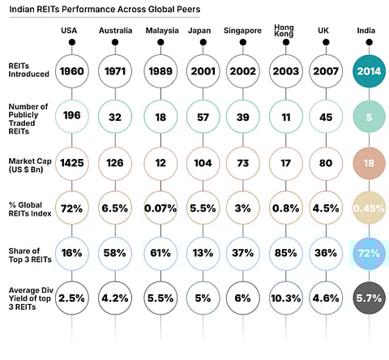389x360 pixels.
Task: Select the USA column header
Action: click(71, 30)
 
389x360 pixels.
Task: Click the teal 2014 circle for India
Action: click(370, 71)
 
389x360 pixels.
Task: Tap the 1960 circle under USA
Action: click(72, 71)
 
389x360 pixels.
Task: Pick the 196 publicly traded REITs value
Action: click(72, 116)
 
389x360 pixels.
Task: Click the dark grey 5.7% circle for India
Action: click(370, 298)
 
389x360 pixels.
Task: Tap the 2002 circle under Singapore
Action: click(243, 71)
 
